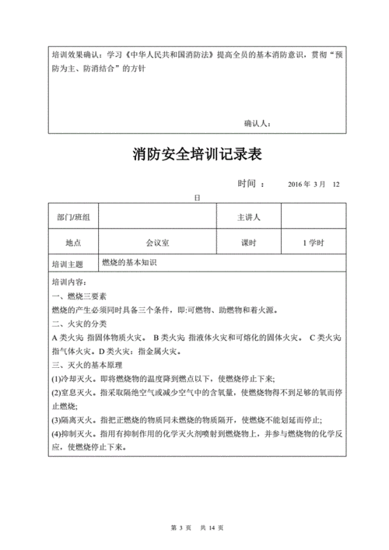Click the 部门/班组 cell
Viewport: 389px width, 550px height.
pos(68,217)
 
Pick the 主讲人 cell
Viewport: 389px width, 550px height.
pos(248,217)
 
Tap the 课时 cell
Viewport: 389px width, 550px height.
pos(248,243)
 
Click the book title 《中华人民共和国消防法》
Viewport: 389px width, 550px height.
pos(163,56)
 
